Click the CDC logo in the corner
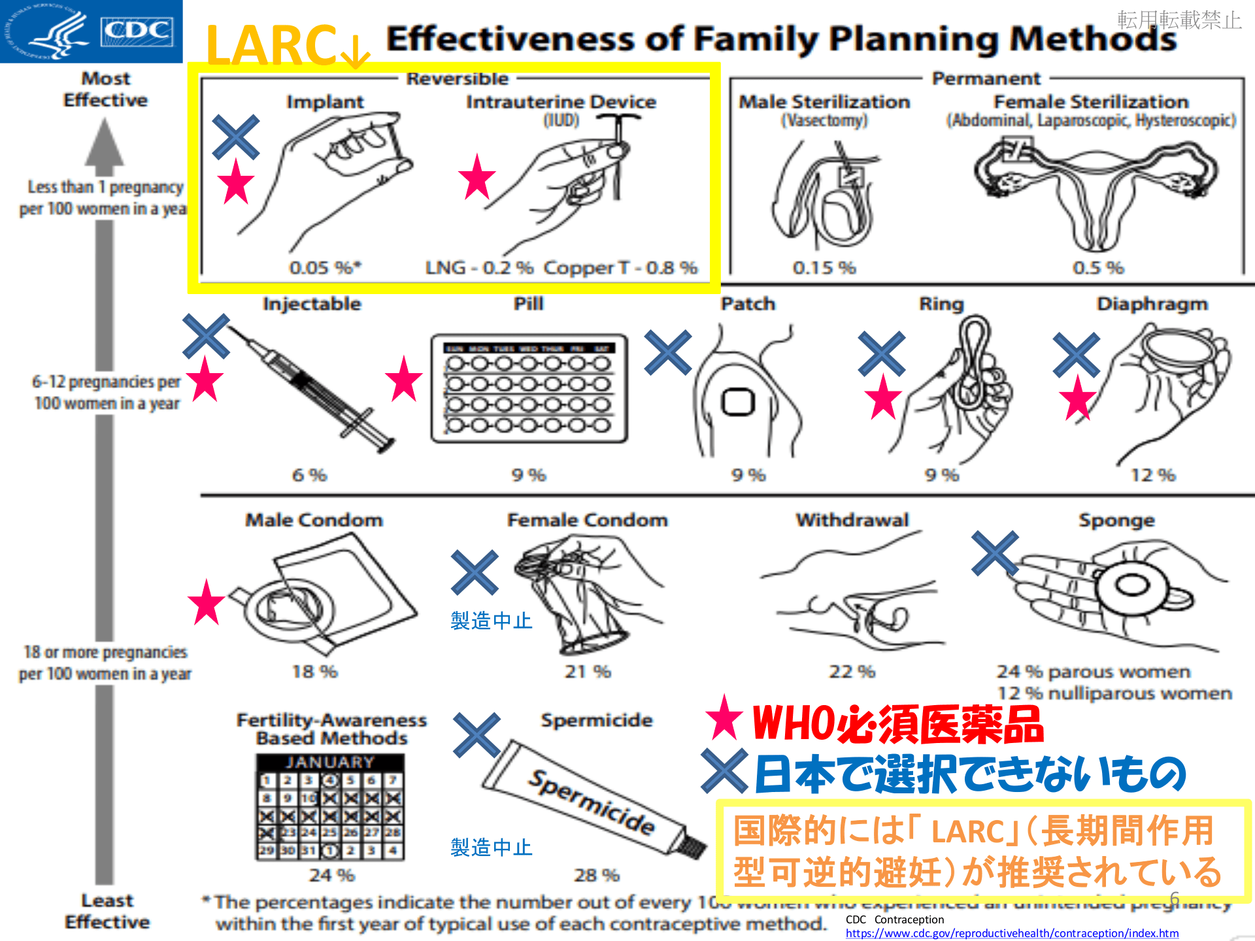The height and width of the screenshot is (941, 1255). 91,31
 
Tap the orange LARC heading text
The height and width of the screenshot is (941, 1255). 271,46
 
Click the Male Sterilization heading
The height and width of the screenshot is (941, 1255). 824,102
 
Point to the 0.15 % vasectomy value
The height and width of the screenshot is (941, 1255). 824,267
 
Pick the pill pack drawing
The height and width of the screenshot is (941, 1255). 529,389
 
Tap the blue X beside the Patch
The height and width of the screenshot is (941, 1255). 667,353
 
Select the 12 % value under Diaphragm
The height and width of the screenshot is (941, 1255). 1153,475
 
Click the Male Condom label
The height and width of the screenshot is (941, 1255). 314,520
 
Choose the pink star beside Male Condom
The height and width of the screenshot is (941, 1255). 207,603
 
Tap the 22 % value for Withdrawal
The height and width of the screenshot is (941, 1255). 852,671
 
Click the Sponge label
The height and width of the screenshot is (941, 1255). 1116,520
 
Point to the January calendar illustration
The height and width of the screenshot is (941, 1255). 330,807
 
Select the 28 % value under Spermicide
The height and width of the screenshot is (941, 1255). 596,875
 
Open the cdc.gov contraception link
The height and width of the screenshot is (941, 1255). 1012,933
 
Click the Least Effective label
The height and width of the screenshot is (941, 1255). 107,911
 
